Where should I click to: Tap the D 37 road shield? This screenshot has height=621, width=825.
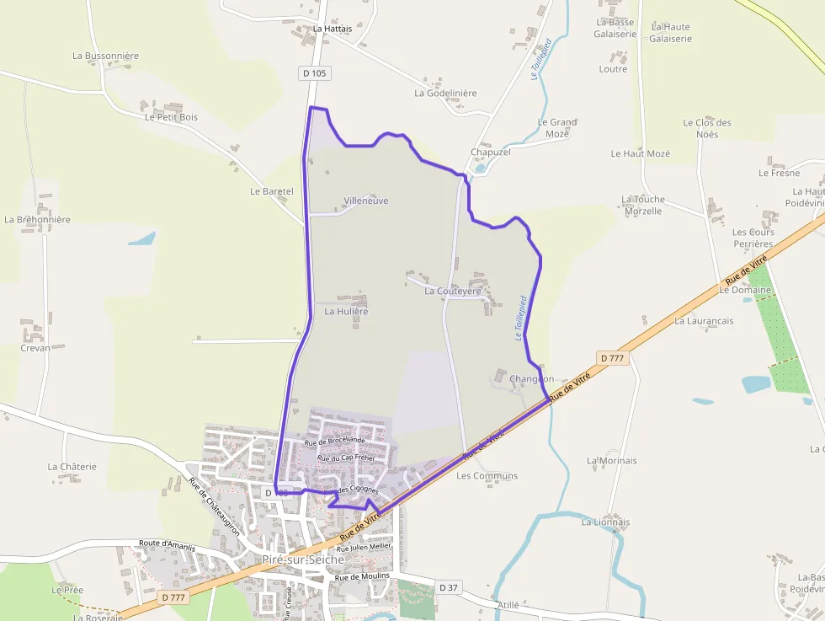coord(449,586)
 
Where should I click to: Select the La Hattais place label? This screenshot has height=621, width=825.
coord(333,28)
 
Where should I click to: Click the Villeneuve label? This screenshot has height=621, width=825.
coord(366,201)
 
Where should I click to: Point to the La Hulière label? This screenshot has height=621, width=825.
coord(347,311)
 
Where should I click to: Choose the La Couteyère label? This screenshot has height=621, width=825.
coord(453,291)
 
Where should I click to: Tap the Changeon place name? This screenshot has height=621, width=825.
coord(531,379)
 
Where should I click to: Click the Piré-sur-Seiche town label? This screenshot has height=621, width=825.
coord(303,559)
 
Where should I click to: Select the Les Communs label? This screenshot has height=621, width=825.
coord(487,475)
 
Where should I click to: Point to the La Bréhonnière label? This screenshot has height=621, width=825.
coord(37,219)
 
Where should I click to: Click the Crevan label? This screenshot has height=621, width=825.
coord(35,347)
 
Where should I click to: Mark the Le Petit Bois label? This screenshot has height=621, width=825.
coord(171,117)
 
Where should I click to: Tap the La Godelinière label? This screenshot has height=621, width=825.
coord(445,93)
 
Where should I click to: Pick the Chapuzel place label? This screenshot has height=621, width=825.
coord(491,152)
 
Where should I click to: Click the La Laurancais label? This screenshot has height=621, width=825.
coord(704,321)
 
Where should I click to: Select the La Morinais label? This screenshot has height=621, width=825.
coord(612,460)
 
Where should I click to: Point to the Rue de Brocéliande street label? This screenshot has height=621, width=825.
coord(335,441)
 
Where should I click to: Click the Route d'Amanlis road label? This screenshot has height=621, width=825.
coord(168,544)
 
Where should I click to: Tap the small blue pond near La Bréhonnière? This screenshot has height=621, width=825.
coord(142,238)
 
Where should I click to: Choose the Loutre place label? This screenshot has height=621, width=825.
coord(613,69)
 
